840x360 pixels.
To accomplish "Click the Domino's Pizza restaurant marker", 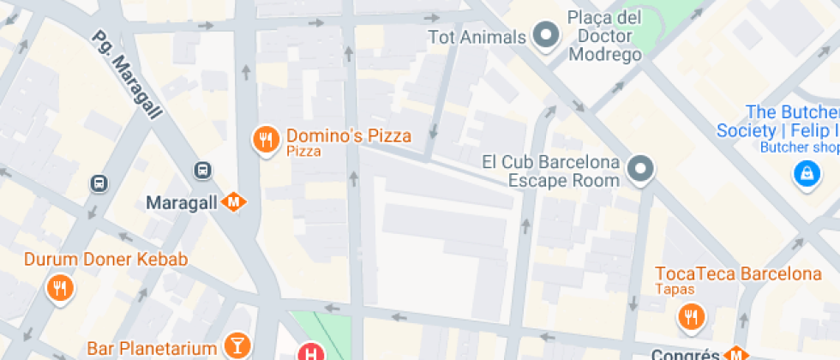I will (266, 139).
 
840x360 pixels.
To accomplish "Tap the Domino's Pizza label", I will (348, 135).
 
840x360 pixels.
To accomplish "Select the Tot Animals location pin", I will (545, 36).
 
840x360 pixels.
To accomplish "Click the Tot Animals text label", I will (477, 37).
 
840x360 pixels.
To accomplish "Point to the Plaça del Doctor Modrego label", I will (604, 36).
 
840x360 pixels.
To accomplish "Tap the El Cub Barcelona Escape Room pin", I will (639, 169).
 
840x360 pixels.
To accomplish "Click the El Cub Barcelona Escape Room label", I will (550, 171).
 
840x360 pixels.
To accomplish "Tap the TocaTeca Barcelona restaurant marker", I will (690, 317).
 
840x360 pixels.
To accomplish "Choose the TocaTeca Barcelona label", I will (738, 274).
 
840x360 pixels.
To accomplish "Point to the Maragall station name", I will (183, 203).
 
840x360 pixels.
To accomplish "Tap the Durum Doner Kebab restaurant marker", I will (59, 287).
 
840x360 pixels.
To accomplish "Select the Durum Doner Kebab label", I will (105, 259).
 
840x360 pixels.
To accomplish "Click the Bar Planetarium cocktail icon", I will (233, 346).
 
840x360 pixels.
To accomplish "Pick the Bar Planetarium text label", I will (153, 349).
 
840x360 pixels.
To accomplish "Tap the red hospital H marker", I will (309, 351).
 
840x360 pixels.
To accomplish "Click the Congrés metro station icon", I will (735, 354).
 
